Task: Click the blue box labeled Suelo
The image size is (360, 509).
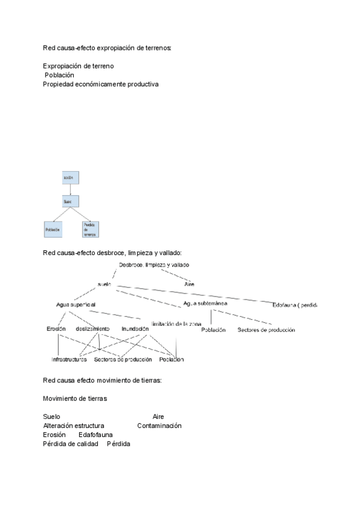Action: [x=71, y=202]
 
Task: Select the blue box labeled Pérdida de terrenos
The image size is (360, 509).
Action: [x=90, y=229]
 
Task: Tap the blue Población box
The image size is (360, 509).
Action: [x=53, y=229]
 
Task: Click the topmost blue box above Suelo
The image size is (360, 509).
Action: [x=71, y=178]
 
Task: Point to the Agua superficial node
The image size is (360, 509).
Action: [x=76, y=304]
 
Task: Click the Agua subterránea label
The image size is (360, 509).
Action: [x=205, y=304]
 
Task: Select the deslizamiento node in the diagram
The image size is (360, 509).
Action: [x=92, y=329]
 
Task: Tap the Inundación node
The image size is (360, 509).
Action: [x=135, y=329]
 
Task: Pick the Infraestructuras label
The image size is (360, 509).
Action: [x=70, y=360]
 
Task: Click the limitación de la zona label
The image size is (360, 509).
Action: [x=176, y=324]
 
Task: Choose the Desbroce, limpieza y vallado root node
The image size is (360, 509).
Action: [x=154, y=265]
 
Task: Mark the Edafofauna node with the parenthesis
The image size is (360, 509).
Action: [x=294, y=305]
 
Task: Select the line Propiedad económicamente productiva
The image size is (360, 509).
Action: [x=101, y=85]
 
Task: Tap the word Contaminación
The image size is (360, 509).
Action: [x=159, y=426]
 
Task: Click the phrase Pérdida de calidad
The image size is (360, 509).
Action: [x=70, y=444]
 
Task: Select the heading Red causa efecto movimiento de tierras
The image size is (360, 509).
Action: [x=102, y=381]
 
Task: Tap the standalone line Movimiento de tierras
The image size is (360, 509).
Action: [x=75, y=399]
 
